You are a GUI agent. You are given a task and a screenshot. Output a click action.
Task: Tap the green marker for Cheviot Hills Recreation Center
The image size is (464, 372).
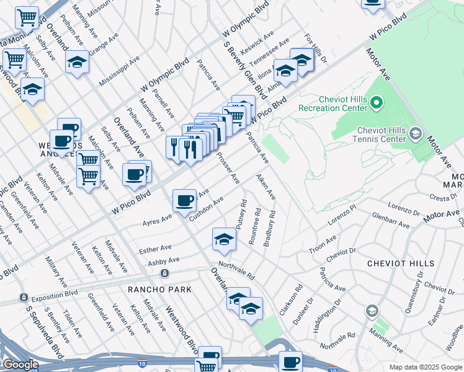click(377, 101)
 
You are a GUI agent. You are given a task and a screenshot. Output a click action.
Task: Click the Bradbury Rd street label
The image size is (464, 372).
click(269, 228)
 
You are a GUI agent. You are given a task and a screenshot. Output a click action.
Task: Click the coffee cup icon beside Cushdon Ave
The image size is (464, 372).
click(184, 201)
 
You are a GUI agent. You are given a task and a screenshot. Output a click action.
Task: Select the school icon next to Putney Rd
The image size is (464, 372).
click(224, 240)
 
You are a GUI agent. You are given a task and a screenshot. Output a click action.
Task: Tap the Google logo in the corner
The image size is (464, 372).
click(20, 365)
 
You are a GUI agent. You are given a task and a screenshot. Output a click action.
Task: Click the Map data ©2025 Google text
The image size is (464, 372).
click(426, 367)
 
